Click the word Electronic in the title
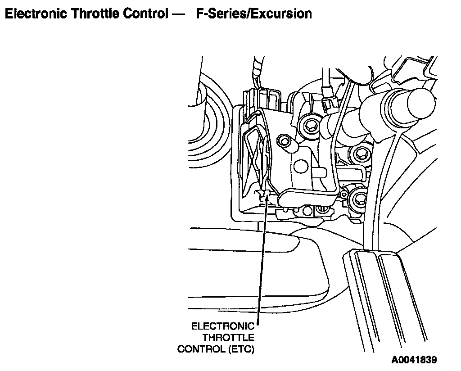point(34,14)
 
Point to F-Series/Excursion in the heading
point(254,14)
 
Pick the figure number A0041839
point(414,360)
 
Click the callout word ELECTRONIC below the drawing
point(222,326)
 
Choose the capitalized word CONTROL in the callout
point(199,349)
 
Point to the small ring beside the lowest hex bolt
point(344,195)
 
